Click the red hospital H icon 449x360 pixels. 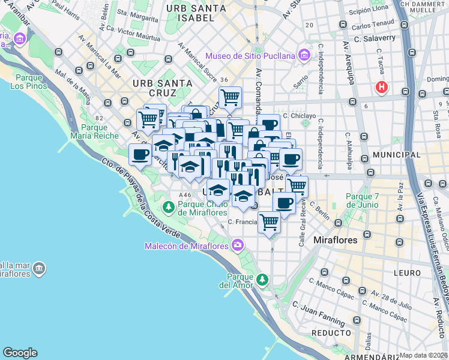(x=381, y=88)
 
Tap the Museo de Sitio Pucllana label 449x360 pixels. (x=251, y=56)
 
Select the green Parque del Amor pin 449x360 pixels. (x=262, y=280)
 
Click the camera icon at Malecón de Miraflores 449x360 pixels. (x=238, y=245)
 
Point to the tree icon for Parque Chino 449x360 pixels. (x=169, y=208)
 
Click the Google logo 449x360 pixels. (x=20, y=353)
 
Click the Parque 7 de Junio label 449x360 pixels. (x=362, y=200)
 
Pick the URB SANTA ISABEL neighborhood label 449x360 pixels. (x=196, y=13)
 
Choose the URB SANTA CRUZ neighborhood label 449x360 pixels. (x=163, y=88)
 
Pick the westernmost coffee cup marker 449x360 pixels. (x=140, y=154)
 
